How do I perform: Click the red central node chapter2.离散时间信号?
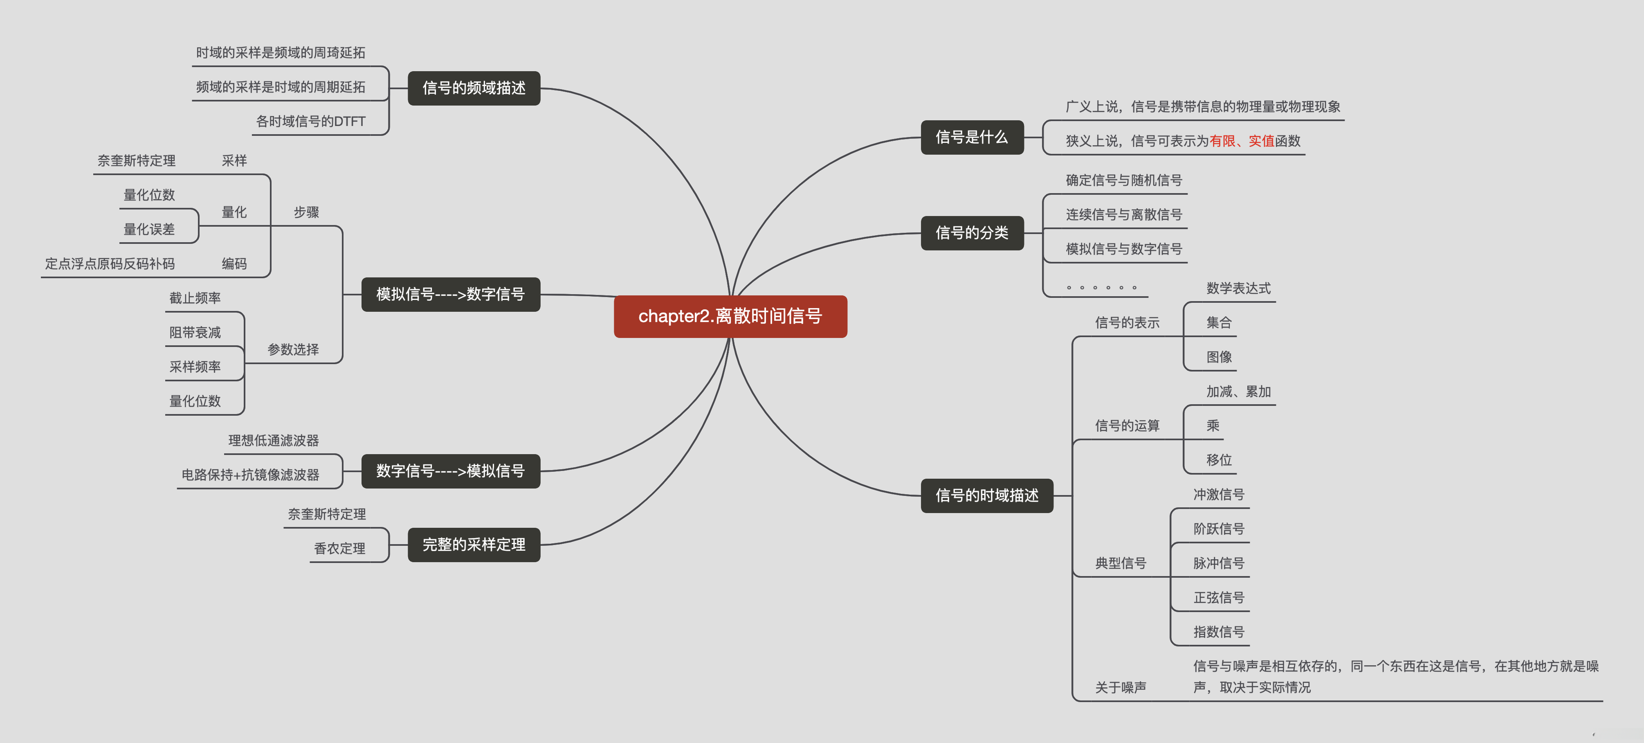(730, 316)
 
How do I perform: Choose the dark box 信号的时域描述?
(987, 495)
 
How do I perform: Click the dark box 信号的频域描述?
(474, 88)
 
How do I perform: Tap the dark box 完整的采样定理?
(474, 545)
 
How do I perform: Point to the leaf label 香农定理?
(339, 548)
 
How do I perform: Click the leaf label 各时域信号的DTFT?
(311, 121)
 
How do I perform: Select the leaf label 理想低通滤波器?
(273, 440)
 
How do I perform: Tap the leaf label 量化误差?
(149, 229)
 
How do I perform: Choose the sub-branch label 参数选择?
(293, 349)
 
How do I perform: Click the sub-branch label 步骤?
(306, 212)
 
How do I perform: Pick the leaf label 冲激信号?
(1218, 495)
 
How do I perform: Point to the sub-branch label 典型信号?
(1120, 563)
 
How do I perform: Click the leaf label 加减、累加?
(1238, 391)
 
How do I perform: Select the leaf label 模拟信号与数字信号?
(1123, 249)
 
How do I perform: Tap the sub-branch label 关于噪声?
(1120, 687)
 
